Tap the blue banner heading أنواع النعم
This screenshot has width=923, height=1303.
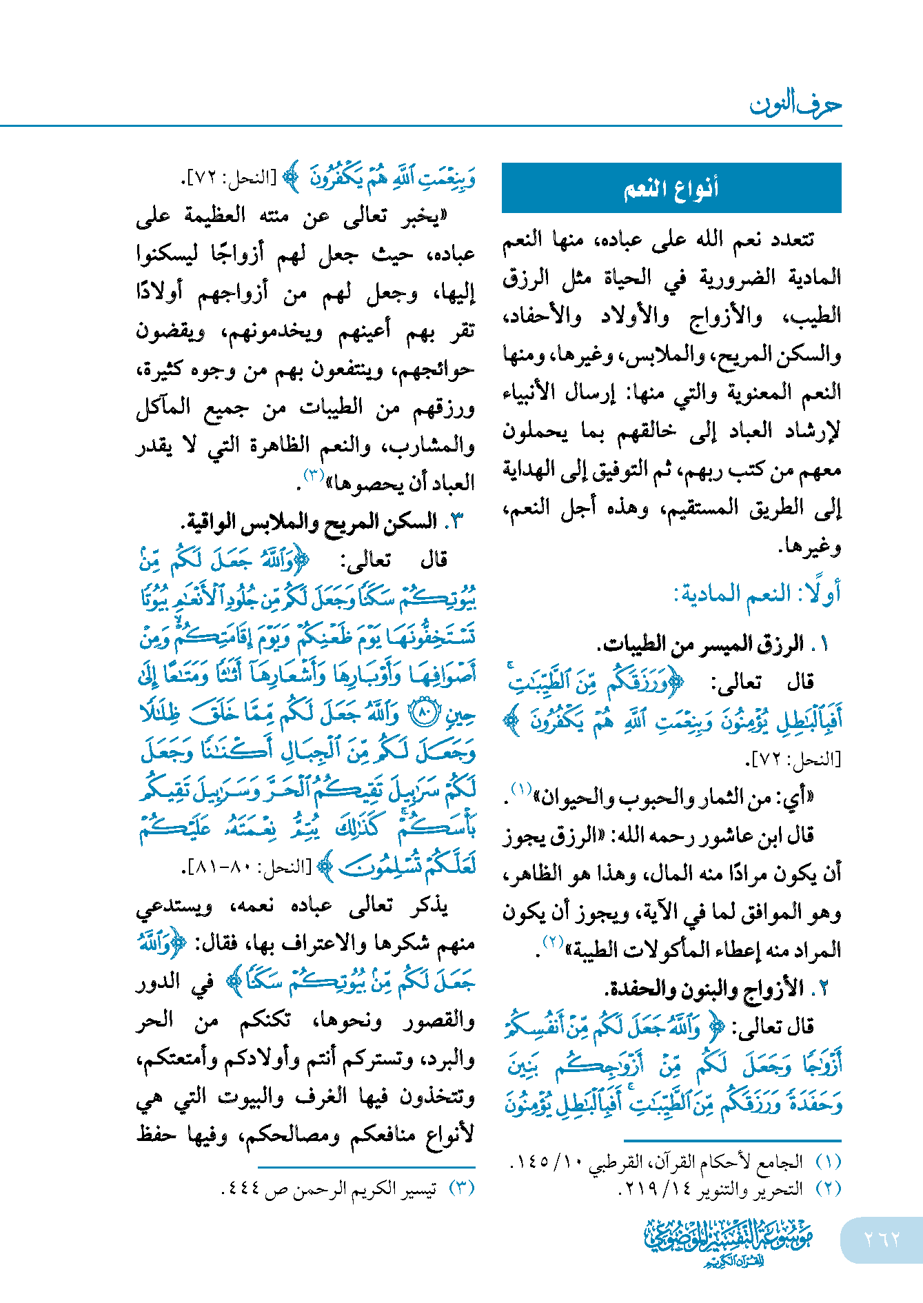(x=671, y=188)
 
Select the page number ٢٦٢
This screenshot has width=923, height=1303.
(x=882, y=1240)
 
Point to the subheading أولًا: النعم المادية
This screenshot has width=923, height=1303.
(x=757, y=594)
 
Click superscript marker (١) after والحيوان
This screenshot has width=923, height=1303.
(x=521, y=789)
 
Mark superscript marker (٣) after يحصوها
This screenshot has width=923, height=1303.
(x=314, y=474)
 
